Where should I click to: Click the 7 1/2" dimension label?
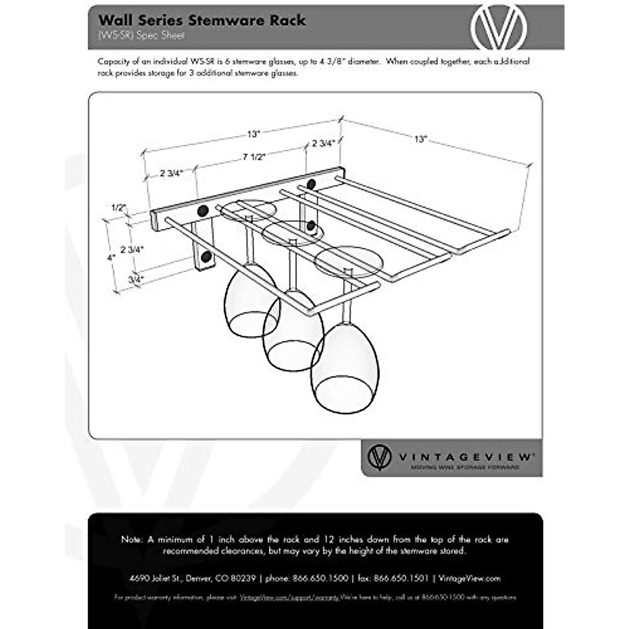point(254,157)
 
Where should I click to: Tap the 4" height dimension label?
point(111,257)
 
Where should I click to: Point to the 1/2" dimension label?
point(119,207)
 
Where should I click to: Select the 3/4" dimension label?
point(135,279)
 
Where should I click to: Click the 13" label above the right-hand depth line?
point(420,139)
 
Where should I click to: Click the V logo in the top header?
point(498,27)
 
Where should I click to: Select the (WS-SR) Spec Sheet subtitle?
point(142,36)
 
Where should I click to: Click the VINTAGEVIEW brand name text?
point(466,457)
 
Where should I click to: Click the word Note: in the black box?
point(131,539)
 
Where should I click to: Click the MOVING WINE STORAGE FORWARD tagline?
point(465,467)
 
